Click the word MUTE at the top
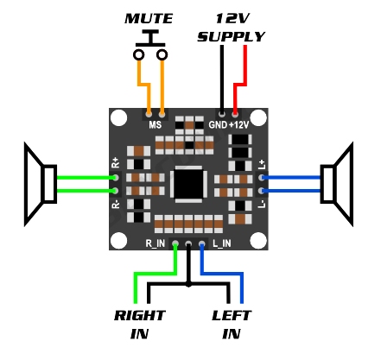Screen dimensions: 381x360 [x=149, y=19]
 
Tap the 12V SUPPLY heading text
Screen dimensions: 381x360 [x=231, y=28]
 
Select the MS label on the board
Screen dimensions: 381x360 [x=156, y=124]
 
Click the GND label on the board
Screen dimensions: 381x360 [x=218, y=124]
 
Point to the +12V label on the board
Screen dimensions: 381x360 [x=238, y=124]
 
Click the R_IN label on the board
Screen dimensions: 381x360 [x=155, y=243]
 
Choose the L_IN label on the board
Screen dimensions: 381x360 [x=222, y=243]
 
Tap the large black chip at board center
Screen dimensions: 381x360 [x=188, y=184]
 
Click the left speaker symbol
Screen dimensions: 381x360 [x=41, y=184]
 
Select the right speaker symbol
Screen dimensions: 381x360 [x=337, y=184]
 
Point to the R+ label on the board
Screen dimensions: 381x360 [x=115, y=162]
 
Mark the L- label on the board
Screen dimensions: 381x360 [x=262, y=204]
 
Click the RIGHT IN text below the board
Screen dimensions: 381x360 [x=139, y=325]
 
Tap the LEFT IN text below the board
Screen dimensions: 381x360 [x=232, y=325]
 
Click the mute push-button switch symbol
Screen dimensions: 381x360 [x=150, y=45]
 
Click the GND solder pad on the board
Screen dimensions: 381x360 [x=222, y=115]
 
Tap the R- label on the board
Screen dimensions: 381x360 [x=115, y=204]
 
